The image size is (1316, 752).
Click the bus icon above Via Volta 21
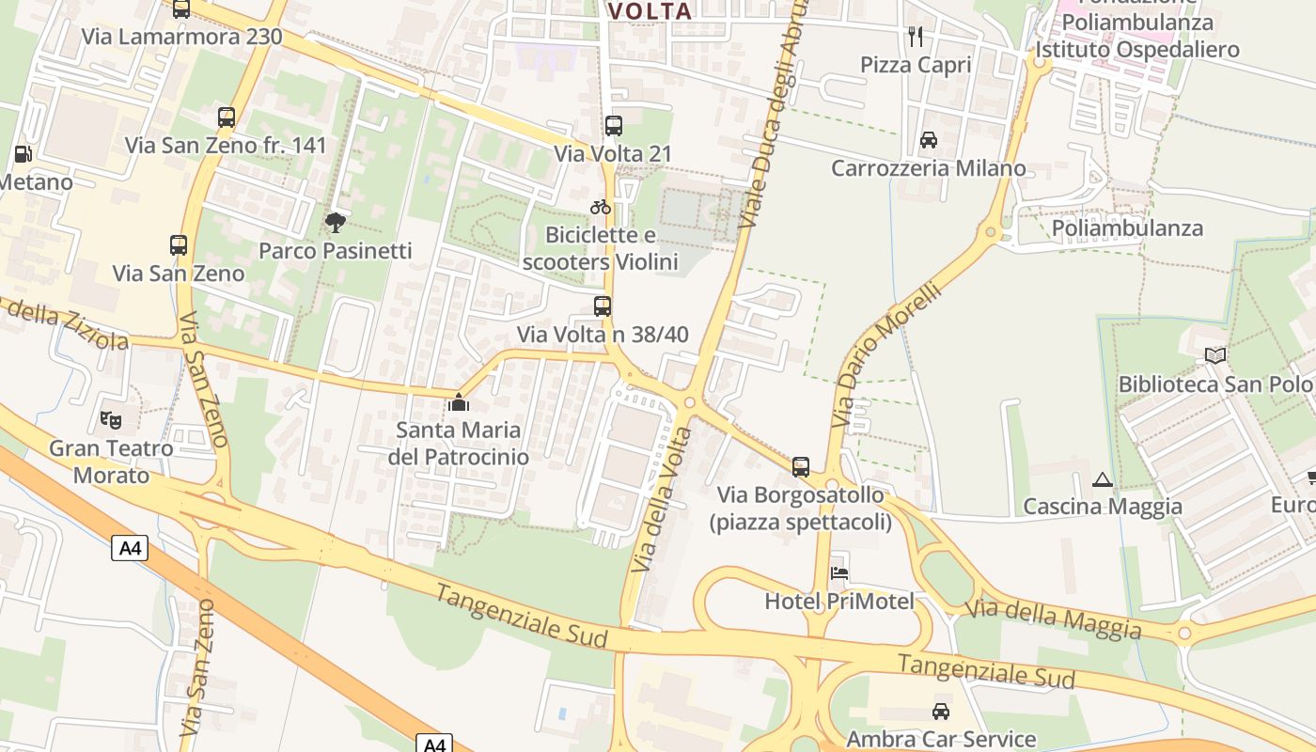point(614,125)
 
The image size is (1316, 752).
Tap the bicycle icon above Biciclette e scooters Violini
point(601,207)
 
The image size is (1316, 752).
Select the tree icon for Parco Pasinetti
point(335,223)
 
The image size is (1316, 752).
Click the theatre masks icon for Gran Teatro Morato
point(111,419)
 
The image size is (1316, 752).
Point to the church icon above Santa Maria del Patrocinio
point(459,402)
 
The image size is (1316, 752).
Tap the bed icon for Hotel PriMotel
point(839,572)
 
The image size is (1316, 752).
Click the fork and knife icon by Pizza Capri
point(916,37)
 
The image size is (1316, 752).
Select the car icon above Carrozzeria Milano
point(929,140)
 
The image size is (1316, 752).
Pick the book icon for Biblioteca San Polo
point(1215,355)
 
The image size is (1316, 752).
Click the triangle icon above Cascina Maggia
point(1103,479)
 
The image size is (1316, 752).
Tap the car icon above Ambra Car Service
point(941,712)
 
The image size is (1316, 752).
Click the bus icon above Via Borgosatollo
point(801,466)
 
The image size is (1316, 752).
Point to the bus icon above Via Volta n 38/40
point(603,305)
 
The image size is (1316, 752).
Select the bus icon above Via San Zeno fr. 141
point(227,117)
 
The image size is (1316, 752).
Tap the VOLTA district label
point(650,11)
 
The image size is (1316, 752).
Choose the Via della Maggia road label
point(1054,619)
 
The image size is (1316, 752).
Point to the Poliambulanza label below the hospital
point(1127,228)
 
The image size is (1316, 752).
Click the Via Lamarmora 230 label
point(182,37)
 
